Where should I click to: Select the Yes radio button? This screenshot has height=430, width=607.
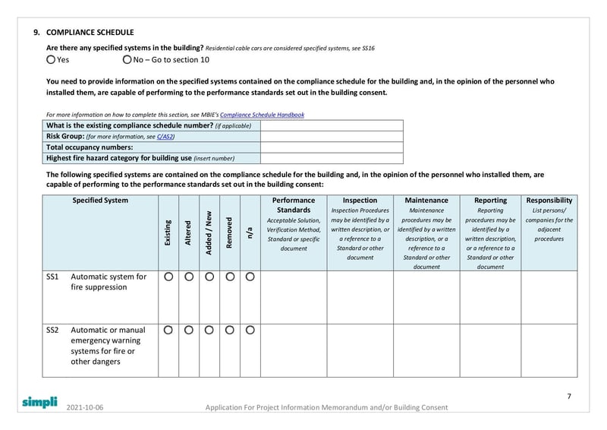click(x=51, y=59)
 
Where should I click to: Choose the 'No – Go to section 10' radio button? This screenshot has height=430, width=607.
click(x=126, y=59)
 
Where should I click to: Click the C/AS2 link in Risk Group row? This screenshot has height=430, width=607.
click(x=165, y=136)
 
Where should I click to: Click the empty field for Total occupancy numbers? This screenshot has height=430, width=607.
click(x=332, y=147)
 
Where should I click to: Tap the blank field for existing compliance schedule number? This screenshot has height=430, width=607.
click(x=332, y=125)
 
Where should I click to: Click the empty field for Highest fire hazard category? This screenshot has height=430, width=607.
click(x=332, y=158)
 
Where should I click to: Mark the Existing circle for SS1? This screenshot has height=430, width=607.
click(x=168, y=277)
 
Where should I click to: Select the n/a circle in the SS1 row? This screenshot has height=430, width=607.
click(x=250, y=277)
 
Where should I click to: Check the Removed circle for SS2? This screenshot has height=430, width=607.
click(x=230, y=330)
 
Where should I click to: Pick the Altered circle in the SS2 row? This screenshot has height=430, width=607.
click(x=189, y=330)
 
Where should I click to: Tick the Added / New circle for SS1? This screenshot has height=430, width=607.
click(x=209, y=277)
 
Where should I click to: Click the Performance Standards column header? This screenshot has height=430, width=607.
click(x=294, y=205)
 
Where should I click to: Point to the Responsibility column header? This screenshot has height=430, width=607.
click(x=549, y=201)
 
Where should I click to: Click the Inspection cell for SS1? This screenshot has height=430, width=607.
click(x=360, y=297)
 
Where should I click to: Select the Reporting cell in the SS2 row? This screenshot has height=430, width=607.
click(x=490, y=350)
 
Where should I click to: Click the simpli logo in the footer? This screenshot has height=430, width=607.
click(x=39, y=403)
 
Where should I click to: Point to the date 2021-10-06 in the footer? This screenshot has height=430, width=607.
click(x=85, y=408)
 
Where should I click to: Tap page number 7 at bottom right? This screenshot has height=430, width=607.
click(x=569, y=396)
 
